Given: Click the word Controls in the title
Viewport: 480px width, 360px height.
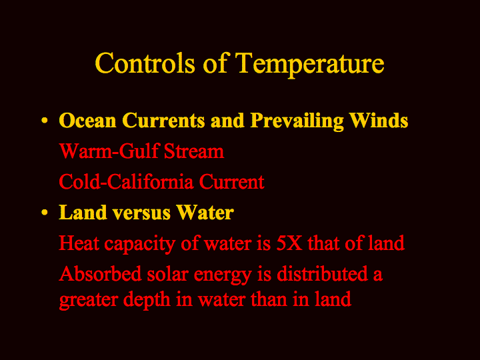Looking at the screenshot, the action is tap(145, 63).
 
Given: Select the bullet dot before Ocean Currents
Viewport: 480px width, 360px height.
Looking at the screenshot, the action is tap(45, 120).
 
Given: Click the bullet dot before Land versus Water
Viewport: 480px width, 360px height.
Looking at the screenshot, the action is tap(45, 213).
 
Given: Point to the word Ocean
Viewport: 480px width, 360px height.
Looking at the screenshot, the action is tap(87, 120).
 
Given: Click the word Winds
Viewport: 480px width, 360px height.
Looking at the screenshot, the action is tap(379, 120).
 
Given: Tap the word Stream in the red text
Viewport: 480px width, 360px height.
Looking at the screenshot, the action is tap(194, 151).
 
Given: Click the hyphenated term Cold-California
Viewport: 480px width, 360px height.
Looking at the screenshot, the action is tap(126, 181).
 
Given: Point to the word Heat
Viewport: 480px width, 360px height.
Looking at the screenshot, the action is tap(79, 243).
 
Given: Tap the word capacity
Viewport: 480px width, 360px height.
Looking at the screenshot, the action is tap(140, 245).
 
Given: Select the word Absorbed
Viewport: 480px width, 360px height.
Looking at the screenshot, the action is tap(100, 273).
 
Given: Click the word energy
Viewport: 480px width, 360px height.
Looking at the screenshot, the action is tap(223, 275).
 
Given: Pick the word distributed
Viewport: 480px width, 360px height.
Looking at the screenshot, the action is tap(323, 273).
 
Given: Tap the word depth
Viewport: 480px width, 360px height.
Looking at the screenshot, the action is tap(147, 300).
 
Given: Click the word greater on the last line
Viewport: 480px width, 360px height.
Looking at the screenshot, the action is tap(89, 301).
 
